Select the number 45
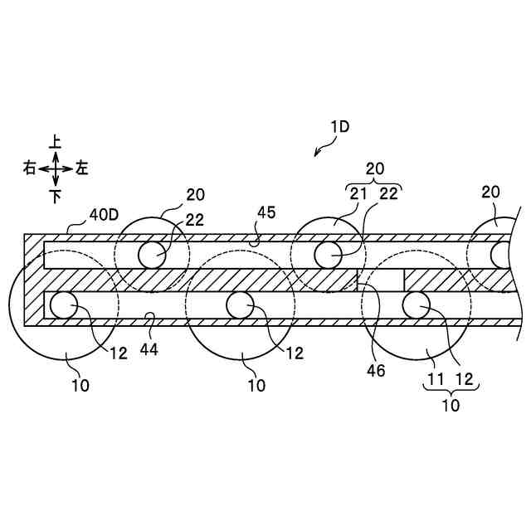tap(265, 213)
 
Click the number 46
tap(376, 371)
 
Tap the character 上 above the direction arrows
tap(56, 143)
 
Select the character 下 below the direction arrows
tap(56, 196)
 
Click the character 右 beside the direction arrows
tap(30, 168)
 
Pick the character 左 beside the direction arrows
tap(81, 168)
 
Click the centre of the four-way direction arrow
tap(56, 168)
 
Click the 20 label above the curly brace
tap(375, 168)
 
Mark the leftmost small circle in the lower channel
tap(63, 305)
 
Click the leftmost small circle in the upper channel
tap(152, 254)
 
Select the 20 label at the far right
tap(490, 192)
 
